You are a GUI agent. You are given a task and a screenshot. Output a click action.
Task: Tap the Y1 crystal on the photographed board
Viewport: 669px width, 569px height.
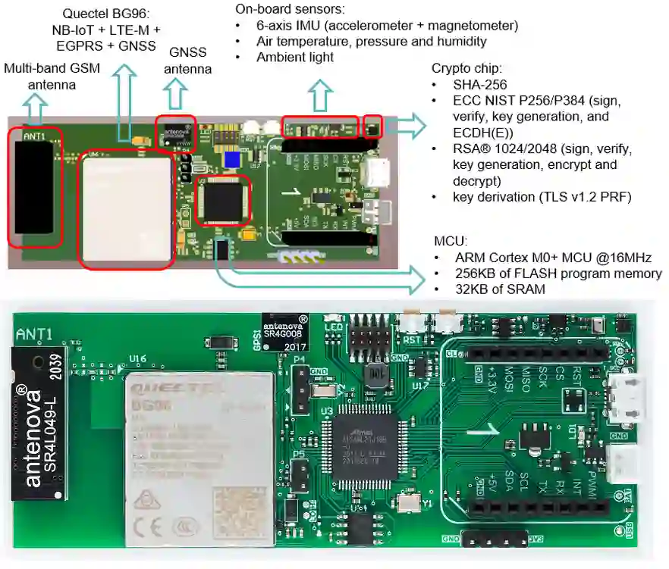[x=408, y=502]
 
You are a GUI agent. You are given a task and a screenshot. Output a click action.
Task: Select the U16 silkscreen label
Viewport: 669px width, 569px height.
[x=138, y=359]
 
